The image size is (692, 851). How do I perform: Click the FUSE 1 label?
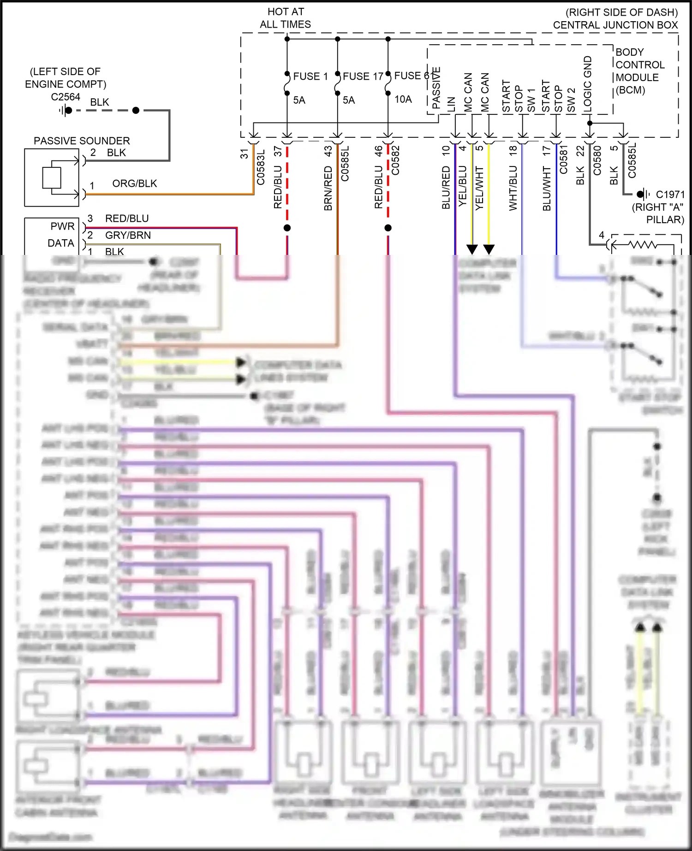[310, 77]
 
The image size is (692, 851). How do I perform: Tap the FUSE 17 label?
[363, 77]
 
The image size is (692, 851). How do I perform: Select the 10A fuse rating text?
[403, 100]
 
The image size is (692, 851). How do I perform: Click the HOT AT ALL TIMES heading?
[286, 18]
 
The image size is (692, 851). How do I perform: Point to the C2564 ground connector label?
[66, 97]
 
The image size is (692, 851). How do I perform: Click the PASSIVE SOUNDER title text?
[82, 141]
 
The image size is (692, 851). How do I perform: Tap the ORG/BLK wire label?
[134, 183]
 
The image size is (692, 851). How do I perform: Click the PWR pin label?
[62, 226]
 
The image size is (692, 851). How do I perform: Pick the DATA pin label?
[61, 243]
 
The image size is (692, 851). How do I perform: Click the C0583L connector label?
[261, 167]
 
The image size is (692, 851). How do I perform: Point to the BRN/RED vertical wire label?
[328, 188]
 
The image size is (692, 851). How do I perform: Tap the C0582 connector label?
[395, 160]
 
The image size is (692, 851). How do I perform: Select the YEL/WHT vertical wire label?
[479, 188]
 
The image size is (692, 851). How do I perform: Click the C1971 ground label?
[670, 195]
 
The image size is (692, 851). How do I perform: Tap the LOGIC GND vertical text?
[588, 84]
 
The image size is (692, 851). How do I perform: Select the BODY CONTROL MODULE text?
[639, 71]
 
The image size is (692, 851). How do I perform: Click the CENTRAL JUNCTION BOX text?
[615, 25]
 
